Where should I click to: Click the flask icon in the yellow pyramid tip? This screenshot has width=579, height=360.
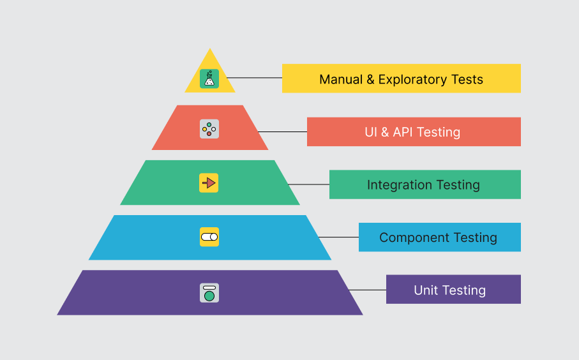pos(209,79)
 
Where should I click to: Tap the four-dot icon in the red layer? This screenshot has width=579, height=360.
pos(209,129)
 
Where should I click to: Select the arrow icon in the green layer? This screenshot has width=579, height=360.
pos(209,183)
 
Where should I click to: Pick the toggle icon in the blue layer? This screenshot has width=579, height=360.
pos(209,237)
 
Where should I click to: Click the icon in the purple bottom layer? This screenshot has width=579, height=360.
pos(209,292)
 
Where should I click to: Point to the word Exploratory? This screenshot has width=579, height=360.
pos(412,80)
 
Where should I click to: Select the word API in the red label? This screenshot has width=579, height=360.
pos(403,133)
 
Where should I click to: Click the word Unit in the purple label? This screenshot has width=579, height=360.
pos(426,290)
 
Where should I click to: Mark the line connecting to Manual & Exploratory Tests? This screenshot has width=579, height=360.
pos(254,78)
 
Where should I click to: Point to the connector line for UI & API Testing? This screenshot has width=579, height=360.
pos(282,132)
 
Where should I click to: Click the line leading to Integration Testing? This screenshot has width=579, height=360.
pos(308,184)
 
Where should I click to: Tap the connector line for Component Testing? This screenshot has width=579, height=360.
pos(338,237)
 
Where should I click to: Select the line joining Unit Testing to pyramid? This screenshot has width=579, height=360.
pos(367,290)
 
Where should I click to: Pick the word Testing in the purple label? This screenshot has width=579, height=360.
pos(464,291)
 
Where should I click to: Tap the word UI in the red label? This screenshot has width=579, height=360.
pos(371,133)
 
